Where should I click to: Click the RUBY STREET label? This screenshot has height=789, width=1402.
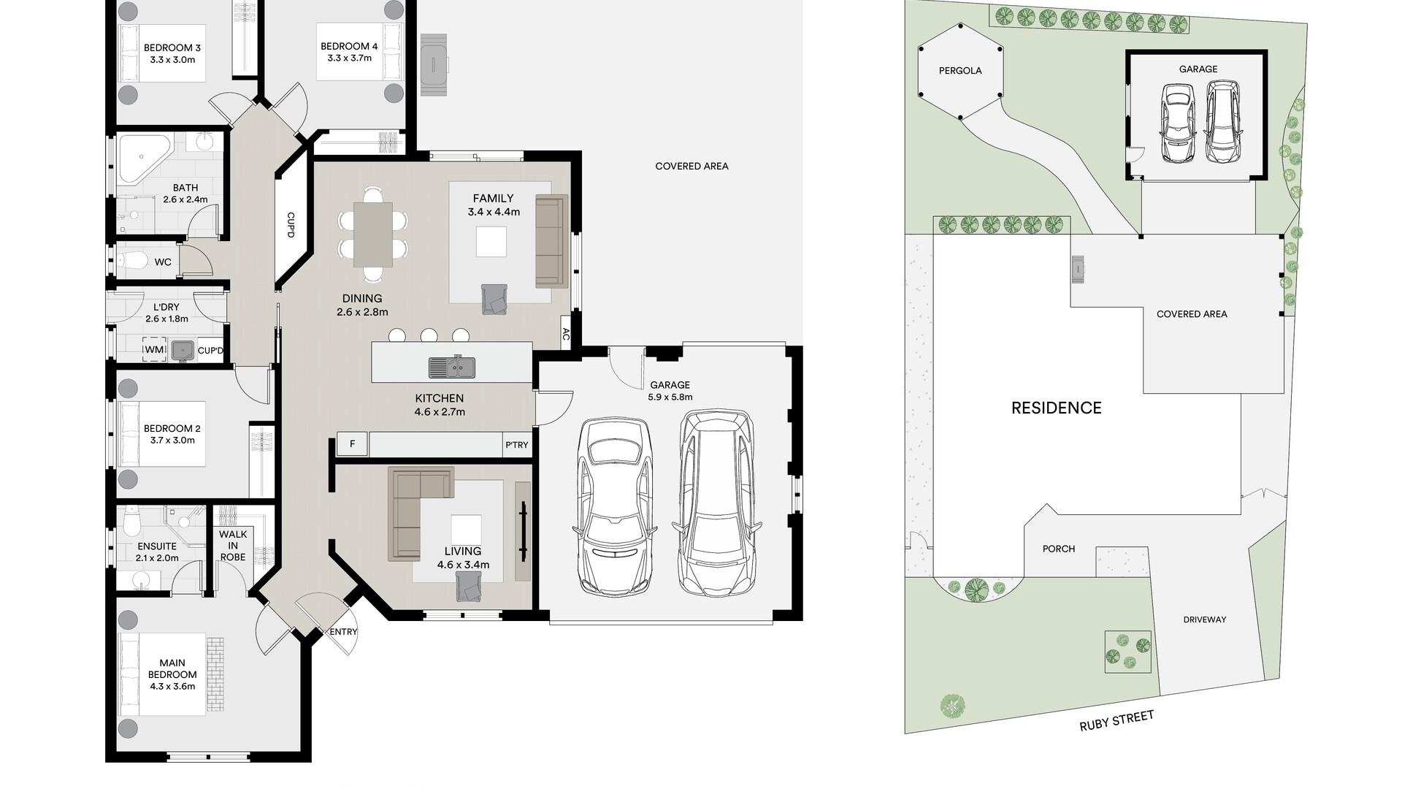coord(1116,720)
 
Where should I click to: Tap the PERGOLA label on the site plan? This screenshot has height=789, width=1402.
coord(960,71)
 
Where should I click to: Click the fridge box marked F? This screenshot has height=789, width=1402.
coord(353,444)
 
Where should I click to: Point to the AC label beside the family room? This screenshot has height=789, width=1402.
coord(566,335)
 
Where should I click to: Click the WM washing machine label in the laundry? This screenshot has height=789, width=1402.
coord(154,350)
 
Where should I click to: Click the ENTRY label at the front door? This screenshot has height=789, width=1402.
coord(343,632)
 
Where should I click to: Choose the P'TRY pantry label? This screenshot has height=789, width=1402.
coord(517,445)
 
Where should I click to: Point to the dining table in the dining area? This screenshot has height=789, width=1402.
coord(373,234)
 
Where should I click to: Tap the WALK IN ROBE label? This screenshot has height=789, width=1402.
coord(233,546)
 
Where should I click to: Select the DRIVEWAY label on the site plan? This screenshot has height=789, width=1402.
coord(1205,620)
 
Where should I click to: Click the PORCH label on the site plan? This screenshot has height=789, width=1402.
coord(1059,549)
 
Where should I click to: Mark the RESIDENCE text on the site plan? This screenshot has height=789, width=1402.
coord(1057,408)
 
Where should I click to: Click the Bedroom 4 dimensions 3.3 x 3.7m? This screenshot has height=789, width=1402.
coord(349,58)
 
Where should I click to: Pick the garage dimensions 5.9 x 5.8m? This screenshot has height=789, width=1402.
coord(670,397)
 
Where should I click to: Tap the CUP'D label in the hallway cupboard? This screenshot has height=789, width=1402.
coord(291,225)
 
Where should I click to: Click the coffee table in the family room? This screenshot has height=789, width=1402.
coord(491,242)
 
